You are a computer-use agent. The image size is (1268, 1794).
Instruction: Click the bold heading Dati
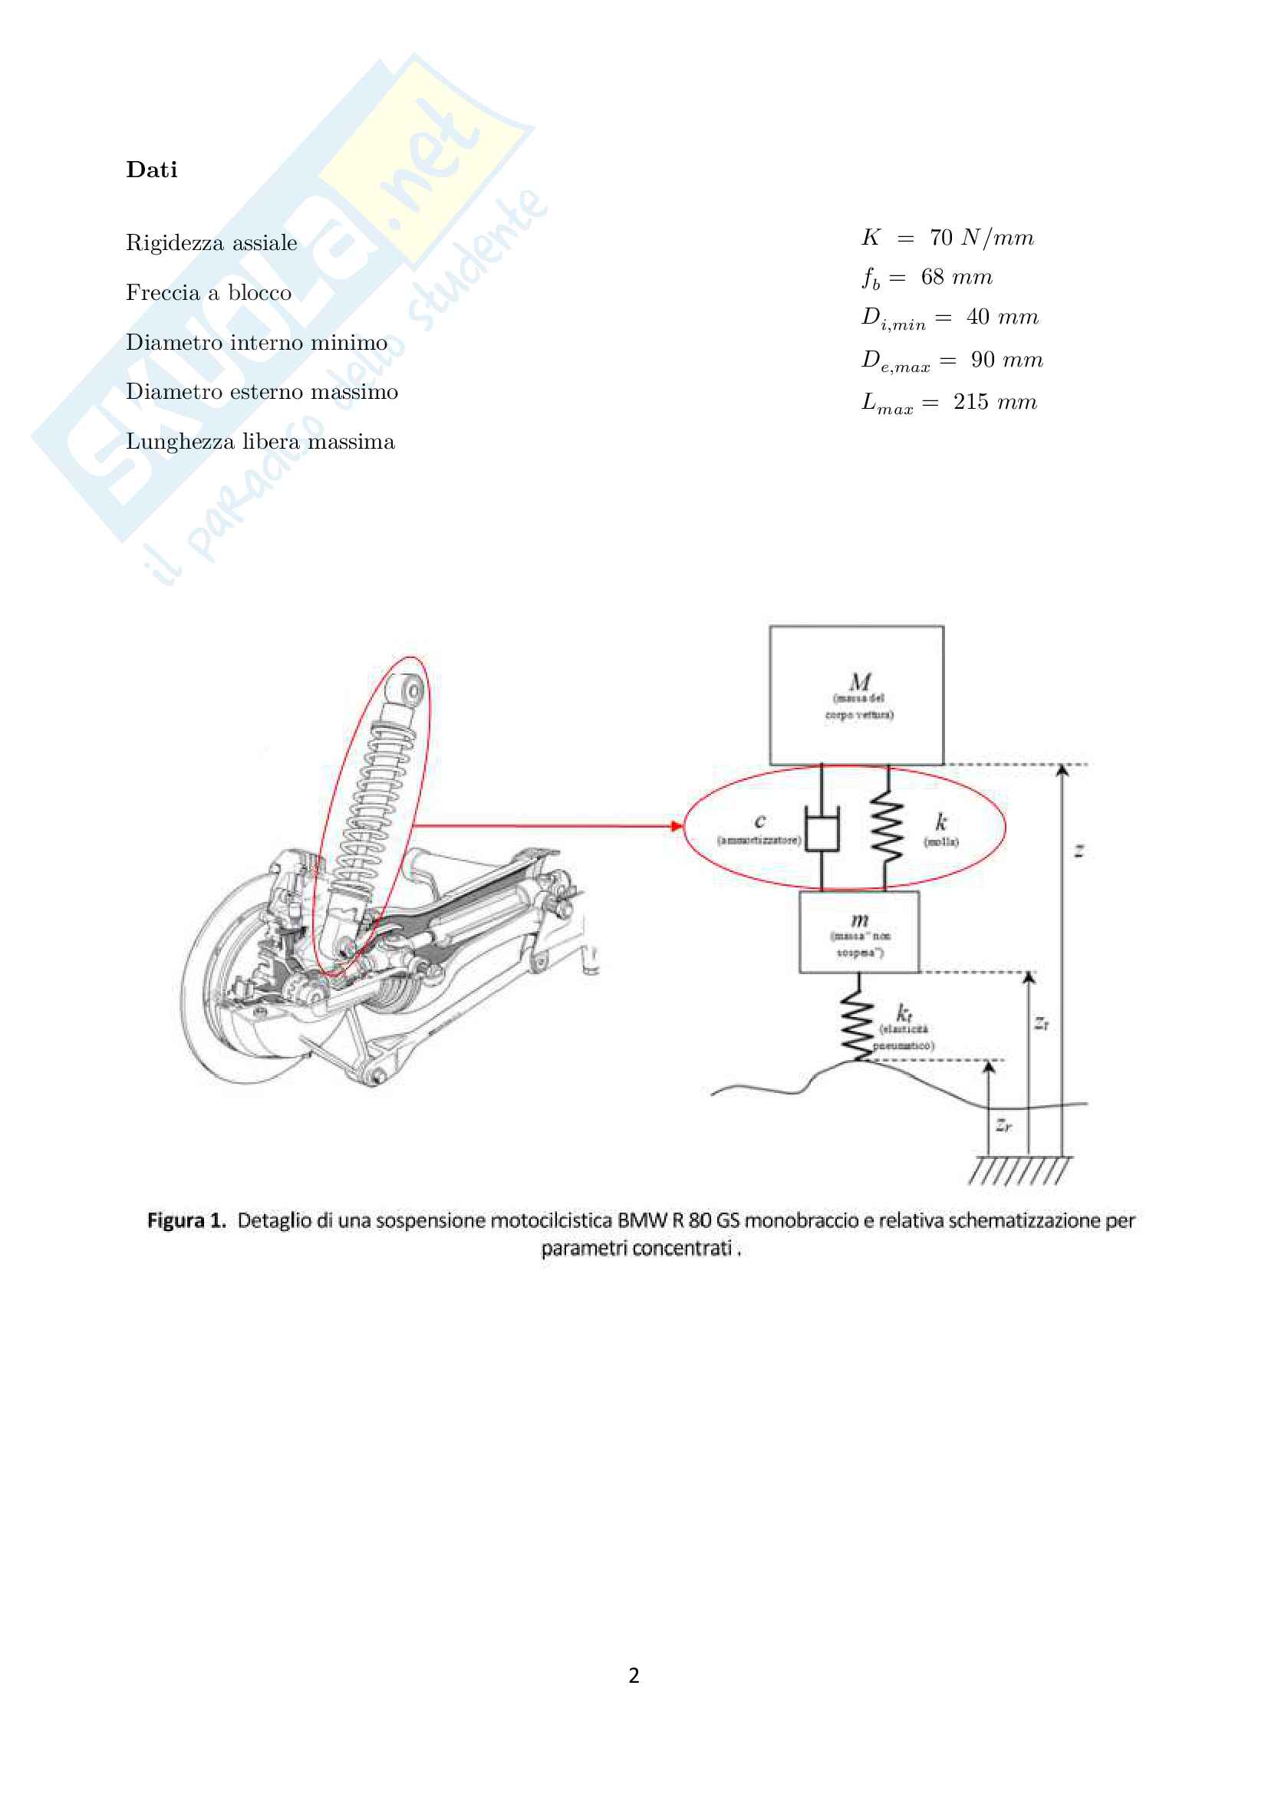point(152,170)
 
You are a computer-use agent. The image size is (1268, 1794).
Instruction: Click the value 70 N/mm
point(981,238)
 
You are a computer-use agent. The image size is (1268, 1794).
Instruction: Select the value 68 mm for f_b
point(957,278)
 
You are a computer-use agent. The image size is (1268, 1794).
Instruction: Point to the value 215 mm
point(995,402)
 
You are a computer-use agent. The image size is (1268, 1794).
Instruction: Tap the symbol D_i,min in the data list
point(893,319)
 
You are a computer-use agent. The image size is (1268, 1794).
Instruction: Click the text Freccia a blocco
point(209,292)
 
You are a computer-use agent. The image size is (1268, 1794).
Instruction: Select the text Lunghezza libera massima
point(260,442)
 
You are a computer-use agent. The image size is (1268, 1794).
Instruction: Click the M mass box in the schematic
point(856,695)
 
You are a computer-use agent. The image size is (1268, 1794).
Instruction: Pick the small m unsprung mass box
point(858,932)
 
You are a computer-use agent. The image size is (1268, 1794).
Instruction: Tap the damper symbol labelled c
point(821,833)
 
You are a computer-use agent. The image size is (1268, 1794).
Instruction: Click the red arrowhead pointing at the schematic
point(677,826)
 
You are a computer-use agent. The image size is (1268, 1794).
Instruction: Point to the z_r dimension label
point(1004,1125)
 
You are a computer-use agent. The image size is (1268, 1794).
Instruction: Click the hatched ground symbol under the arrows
point(1019,1170)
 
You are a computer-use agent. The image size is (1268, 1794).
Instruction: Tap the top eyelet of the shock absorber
point(408,690)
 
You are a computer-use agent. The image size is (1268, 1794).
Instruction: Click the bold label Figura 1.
point(186,1220)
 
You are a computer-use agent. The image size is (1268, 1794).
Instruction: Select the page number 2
point(634,1675)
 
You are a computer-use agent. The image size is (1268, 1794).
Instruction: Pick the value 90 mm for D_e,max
point(1006,360)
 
